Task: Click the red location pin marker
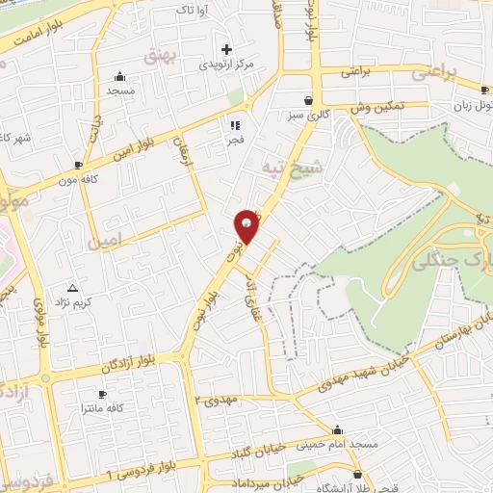click(246, 225)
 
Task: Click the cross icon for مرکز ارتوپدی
click(227, 49)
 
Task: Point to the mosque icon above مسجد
click(119, 77)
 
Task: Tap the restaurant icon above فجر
click(233, 124)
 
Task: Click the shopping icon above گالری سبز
click(308, 99)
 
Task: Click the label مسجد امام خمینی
click(336, 444)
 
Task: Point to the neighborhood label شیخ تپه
click(286, 167)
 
